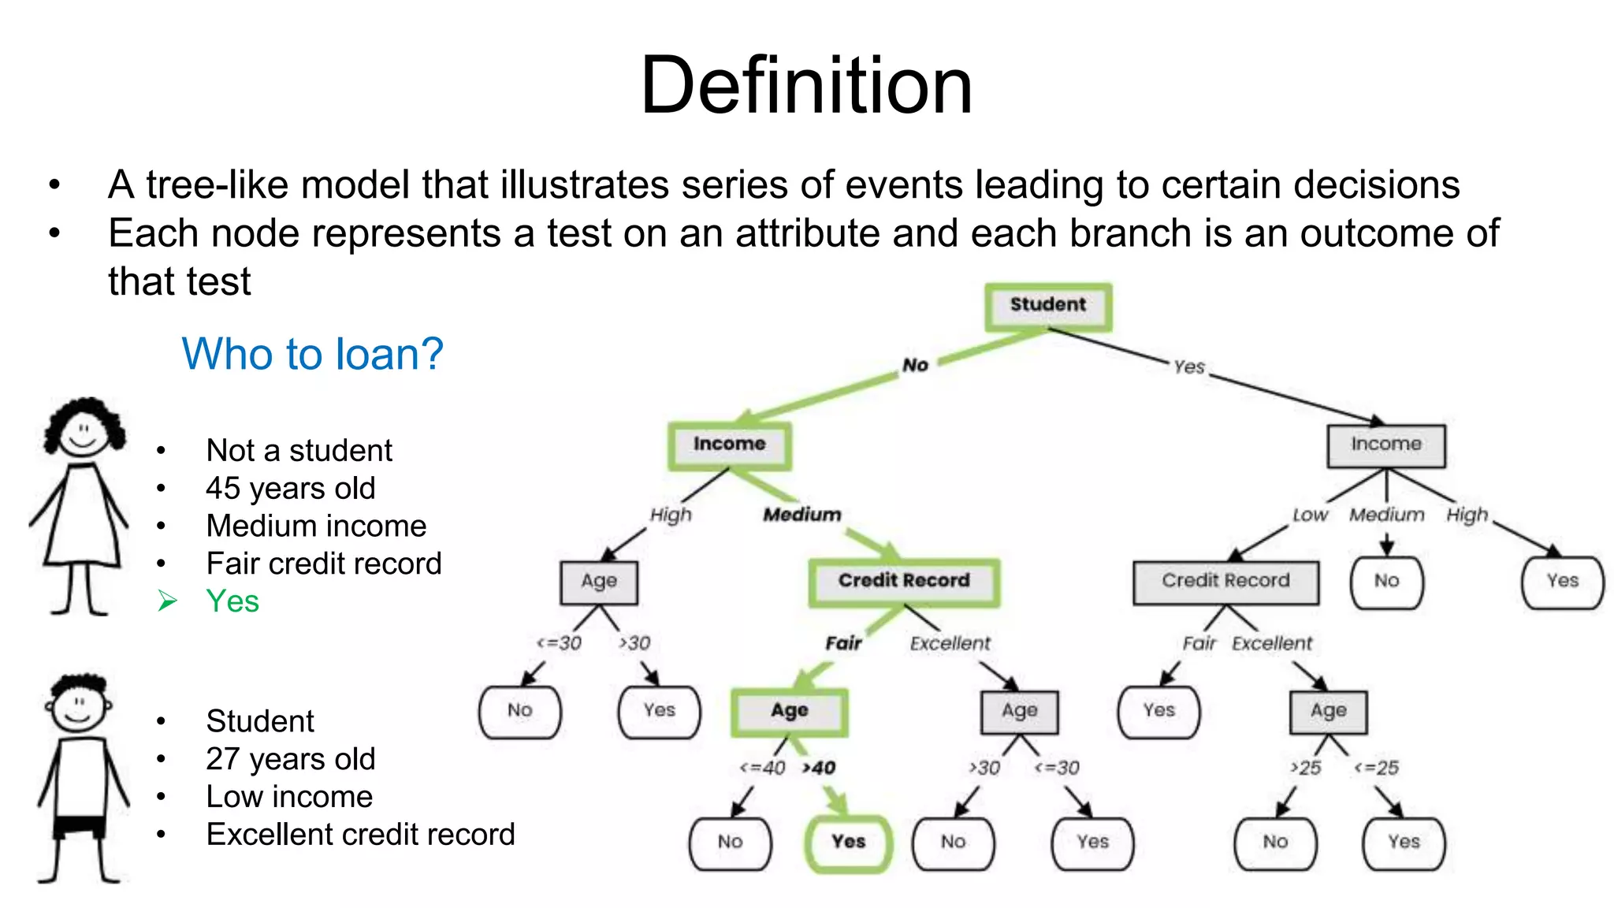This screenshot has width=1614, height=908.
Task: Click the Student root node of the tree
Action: point(1047,306)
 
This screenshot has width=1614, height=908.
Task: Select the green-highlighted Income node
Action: point(729,445)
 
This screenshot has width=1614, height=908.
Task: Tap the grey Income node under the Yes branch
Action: point(1385,445)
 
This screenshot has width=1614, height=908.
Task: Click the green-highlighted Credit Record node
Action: point(903,582)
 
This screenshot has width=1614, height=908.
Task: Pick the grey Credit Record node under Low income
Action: point(1225,582)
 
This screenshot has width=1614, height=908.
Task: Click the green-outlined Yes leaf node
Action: point(848,843)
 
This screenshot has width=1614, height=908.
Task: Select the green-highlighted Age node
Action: point(789,711)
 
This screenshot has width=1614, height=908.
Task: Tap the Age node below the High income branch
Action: point(599,582)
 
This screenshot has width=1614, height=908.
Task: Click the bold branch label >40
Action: point(819,768)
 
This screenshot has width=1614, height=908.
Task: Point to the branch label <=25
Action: point(1376,768)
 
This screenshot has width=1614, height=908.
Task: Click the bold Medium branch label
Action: point(801,515)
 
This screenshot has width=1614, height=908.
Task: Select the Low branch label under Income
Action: point(1309,515)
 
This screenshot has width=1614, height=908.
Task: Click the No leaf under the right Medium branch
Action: point(1386,582)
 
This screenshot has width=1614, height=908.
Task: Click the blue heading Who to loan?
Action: point(312,353)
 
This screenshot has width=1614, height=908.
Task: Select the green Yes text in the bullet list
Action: point(232,601)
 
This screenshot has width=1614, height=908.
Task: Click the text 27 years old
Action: point(290,759)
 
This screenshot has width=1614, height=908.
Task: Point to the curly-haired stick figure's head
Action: point(83,430)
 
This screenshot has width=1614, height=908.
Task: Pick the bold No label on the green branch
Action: point(915,365)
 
